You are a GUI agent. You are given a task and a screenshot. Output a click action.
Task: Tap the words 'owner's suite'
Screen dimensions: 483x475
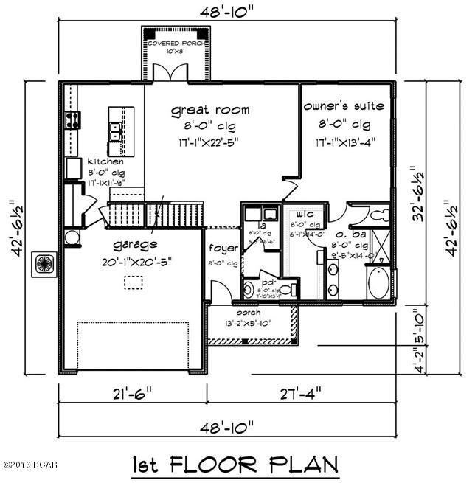(x=344, y=106)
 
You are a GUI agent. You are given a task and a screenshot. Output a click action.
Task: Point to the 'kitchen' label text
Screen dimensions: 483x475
(x=100, y=161)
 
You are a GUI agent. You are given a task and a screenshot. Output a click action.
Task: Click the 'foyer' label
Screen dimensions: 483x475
(x=222, y=248)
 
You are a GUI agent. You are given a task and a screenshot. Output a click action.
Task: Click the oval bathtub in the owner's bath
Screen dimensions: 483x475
(x=381, y=285)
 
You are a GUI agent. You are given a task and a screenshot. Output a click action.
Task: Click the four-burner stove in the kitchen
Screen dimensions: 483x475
(x=74, y=119)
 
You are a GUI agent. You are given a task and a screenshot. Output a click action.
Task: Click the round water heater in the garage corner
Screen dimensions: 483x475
(x=72, y=237)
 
